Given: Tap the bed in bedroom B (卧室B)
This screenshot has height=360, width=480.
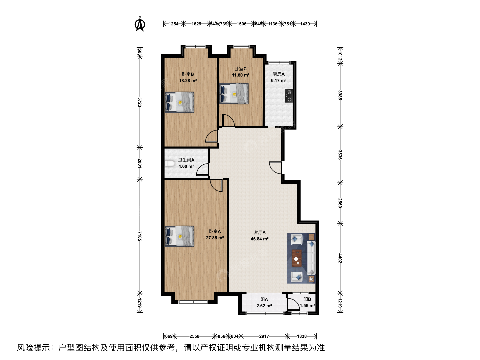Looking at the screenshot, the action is click(x=179, y=102).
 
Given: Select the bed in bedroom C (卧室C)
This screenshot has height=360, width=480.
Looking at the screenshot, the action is click(x=234, y=94).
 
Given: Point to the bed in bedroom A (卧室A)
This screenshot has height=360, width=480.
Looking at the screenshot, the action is click(x=179, y=236).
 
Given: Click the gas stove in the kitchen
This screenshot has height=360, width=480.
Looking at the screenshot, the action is click(x=289, y=96).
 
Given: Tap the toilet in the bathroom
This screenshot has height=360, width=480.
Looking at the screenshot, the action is click(x=170, y=164).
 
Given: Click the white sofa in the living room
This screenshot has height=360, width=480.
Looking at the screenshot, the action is click(x=311, y=257).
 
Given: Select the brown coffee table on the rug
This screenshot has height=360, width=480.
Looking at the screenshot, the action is click(x=297, y=258).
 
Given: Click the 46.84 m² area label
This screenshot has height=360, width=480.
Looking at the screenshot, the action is click(x=260, y=239).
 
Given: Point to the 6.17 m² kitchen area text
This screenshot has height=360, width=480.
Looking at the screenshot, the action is click(x=279, y=80).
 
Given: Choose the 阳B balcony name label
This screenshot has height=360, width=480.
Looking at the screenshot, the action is click(x=307, y=299).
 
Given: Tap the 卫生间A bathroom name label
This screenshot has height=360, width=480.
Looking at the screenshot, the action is click(x=186, y=160).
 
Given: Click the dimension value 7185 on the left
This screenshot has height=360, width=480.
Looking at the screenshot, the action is click(x=140, y=236).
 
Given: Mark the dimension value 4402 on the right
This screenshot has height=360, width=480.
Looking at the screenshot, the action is click(x=340, y=258).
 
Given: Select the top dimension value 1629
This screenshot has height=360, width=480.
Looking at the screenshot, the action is click(x=196, y=24).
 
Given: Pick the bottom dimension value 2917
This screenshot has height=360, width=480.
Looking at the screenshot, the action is click(x=264, y=336).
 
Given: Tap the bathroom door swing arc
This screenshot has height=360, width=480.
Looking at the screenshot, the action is click(x=202, y=169).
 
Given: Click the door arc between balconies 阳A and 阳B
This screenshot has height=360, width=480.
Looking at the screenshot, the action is click(x=293, y=304).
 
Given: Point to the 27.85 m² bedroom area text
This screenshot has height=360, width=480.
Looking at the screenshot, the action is click(x=215, y=238).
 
